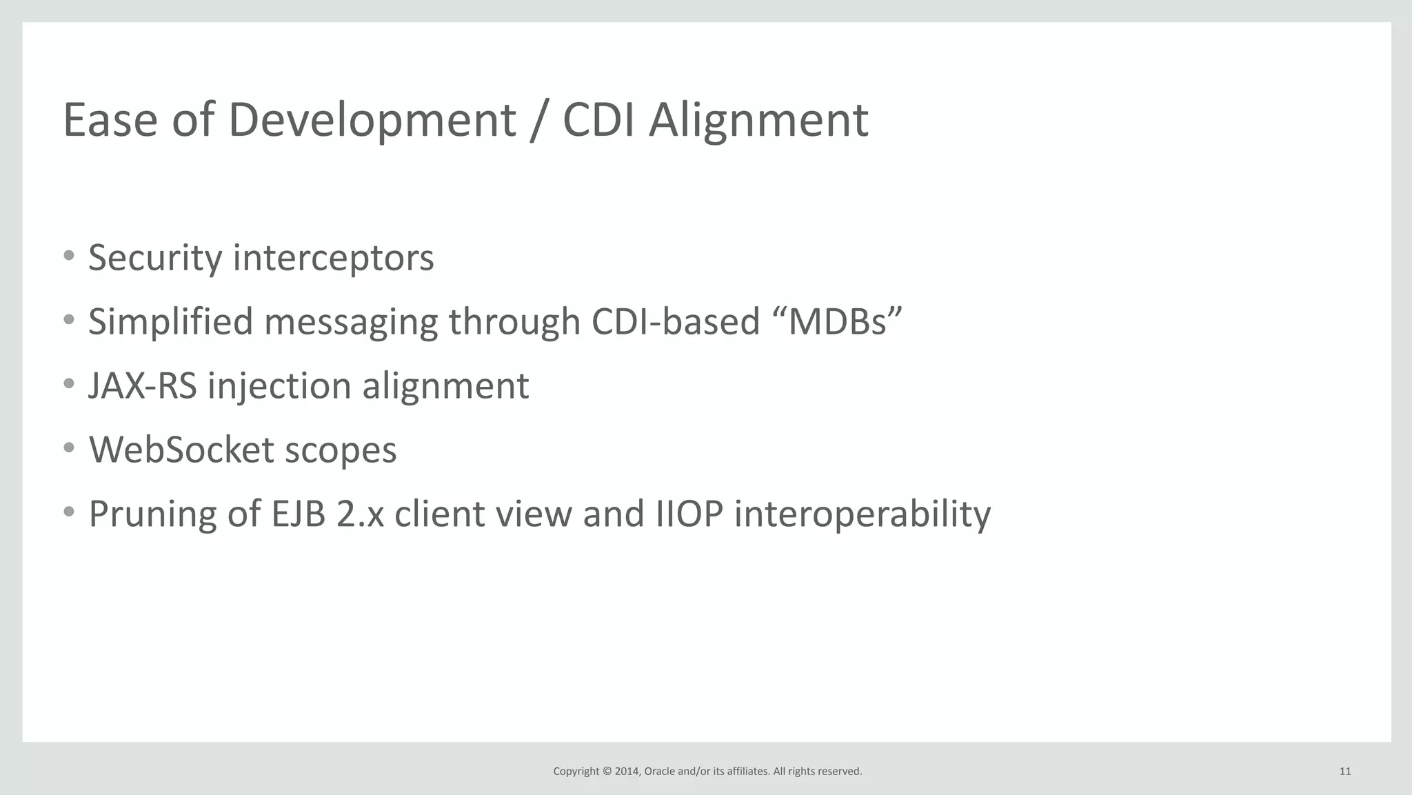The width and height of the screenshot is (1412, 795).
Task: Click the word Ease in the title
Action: pyautogui.click(x=110, y=121)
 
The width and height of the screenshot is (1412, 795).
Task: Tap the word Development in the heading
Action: pyautogui.click(x=372, y=121)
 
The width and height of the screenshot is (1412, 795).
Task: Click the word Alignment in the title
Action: pyautogui.click(x=758, y=121)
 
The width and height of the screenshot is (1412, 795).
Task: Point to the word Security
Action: pyautogui.click(x=155, y=259)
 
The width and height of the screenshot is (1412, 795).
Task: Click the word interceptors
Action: pyautogui.click(x=334, y=259)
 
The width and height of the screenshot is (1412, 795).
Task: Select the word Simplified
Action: pyautogui.click(x=170, y=322)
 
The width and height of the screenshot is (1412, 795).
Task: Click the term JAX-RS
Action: pyautogui.click(x=142, y=385)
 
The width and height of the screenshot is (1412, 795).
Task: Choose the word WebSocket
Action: pyautogui.click(x=181, y=450)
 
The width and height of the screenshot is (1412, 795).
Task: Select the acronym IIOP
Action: pyautogui.click(x=689, y=514)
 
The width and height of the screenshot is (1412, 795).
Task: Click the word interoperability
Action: pyautogui.click(x=863, y=515)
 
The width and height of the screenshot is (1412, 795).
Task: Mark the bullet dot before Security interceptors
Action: pyautogui.click(x=68, y=256)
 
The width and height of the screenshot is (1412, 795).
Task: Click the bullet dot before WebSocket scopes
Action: pyautogui.click(x=68, y=448)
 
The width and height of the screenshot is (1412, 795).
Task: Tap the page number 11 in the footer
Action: pyautogui.click(x=1344, y=772)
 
